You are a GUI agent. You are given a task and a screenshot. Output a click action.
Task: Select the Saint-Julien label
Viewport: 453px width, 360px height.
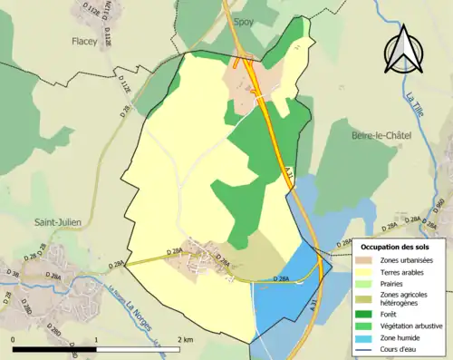coord(59,222)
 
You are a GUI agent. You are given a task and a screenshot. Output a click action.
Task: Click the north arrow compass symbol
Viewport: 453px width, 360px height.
coord(405,49)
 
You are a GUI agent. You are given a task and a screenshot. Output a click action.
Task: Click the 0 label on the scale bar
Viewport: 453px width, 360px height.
coord(13,339)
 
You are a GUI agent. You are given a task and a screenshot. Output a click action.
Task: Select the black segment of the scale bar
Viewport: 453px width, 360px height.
coord(55,348)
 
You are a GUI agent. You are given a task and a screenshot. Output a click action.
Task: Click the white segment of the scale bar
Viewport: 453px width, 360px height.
coord(140,348)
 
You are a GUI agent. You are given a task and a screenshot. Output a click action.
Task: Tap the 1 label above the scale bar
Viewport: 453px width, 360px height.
coord(98,339)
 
